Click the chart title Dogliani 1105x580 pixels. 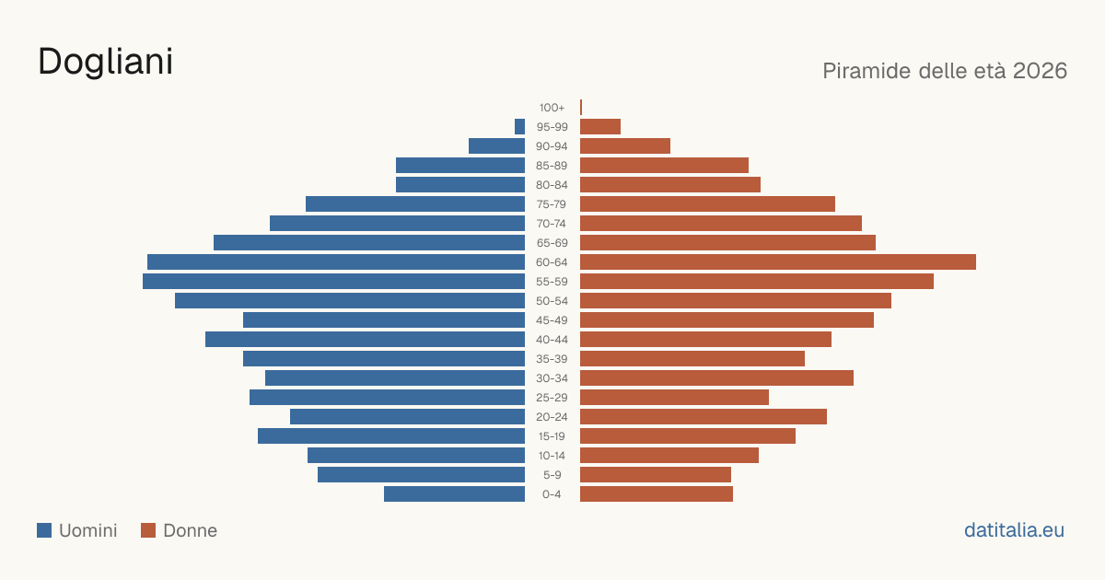pyautogui.click(x=106, y=63)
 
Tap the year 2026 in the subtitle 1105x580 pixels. pyautogui.click(x=1040, y=71)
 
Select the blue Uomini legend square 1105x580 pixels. pyautogui.click(x=44, y=530)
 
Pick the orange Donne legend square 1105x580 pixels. pyautogui.click(x=148, y=530)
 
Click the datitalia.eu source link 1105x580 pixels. pyautogui.click(x=1014, y=530)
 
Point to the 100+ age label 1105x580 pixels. pyautogui.click(x=552, y=108)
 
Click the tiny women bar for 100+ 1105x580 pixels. pyautogui.click(x=581, y=107)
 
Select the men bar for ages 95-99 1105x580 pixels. pyautogui.click(x=519, y=126)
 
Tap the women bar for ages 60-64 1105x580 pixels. pyautogui.click(x=778, y=261)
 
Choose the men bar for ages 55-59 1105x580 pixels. pyautogui.click(x=333, y=281)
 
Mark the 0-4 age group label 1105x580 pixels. pyautogui.click(x=552, y=494)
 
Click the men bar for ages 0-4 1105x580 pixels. pyautogui.click(x=454, y=493)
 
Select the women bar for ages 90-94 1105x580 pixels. pyautogui.click(x=625, y=146)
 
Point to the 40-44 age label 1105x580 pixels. pyautogui.click(x=552, y=340)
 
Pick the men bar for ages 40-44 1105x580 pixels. pyautogui.click(x=365, y=340)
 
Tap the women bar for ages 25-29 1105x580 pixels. pyautogui.click(x=674, y=397)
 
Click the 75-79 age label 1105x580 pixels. pyautogui.click(x=552, y=204)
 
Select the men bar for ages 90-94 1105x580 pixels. pyautogui.click(x=496, y=146)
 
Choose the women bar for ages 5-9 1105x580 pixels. pyautogui.click(x=656, y=474)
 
